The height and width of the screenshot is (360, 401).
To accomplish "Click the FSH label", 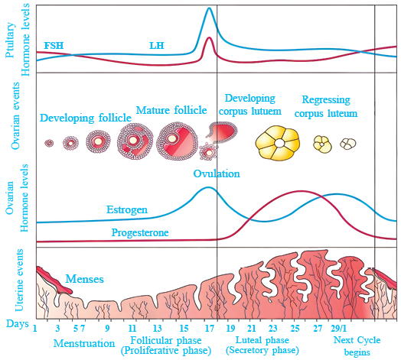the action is pyautogui.click(x=54, y=46).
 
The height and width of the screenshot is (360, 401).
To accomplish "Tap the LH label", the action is pyautogui.click(x=157, y=46).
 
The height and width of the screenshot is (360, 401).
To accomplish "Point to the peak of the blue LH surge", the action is pyautogui.click(x=209, y=8).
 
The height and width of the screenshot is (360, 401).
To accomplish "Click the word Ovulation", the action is pyautogui.click(x=217, y=174).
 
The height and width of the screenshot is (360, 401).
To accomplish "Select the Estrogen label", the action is pyautogui.click(x=127, y=210).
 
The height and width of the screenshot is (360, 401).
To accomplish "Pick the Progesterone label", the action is pyautogui.click(x=140, y=233).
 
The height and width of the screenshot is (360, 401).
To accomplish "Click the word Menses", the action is pyautogui.click(x=85, y=279).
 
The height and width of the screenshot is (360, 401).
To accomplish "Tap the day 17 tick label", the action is pyautogui.click(x=210, y=329).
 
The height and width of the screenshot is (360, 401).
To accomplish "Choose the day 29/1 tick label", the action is pyautogui.click(x=339, y=329).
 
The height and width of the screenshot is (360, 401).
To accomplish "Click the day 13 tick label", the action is pyautogui.click(x=158, y=329).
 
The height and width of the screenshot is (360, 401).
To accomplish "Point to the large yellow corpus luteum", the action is pyautogui.click(x=278, y=143).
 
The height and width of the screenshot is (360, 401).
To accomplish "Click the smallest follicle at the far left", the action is pyautogui.click(x=49, y=143).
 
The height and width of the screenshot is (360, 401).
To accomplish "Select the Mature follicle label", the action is pyautogui.click(x=171, y=110).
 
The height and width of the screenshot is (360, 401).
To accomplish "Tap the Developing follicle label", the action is pyautogui.click(x=86, y=118).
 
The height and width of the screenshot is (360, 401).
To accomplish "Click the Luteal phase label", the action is pyautogui.click(x=262, y=340).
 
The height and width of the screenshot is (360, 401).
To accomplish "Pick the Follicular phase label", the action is pyautogui.click(x=166, y=341).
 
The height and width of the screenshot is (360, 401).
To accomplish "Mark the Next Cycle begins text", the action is pyautogui.click(x=357, y=346).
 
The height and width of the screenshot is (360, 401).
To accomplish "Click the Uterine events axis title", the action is pyautogui.click(x=19, y=281).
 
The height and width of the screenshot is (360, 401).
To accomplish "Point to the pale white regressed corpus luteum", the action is pyautogui.click(x=347, y=144).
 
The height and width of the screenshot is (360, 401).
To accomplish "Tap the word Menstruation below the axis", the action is pyautogui.click(x=84, y=343).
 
